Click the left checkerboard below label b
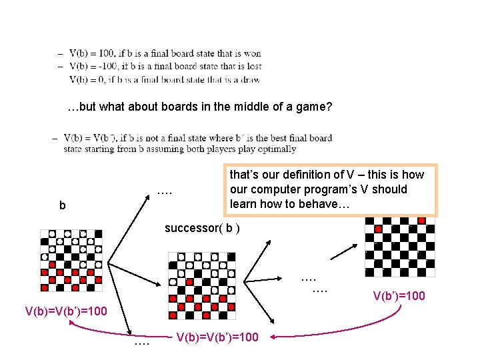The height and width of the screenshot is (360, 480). [x=71, y=261]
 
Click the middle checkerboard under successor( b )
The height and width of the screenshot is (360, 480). [x=199, y=285]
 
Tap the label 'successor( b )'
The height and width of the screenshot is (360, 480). [x=202, y=228]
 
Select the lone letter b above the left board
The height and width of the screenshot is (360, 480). [x=63, y=206]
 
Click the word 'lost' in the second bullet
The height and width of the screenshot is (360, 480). [x=254, y=66]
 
